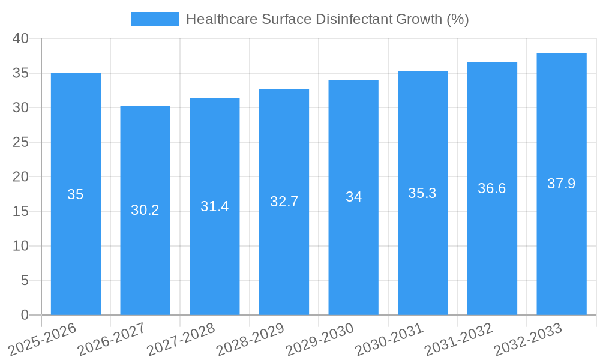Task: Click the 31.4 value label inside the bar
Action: (214, 206)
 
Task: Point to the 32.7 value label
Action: (284, 202)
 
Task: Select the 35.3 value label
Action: (422, 193)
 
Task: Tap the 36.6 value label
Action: (492, 188)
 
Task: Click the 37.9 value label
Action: (562, 184)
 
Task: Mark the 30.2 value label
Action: (145, 210)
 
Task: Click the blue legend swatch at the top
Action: (155, 19)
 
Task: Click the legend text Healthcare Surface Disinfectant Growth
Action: (327, 19)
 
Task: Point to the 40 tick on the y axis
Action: (21, 38)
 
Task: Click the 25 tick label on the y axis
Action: (21, 142)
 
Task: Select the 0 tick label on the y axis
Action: (25, 315)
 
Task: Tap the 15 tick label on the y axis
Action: (21, 211)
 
